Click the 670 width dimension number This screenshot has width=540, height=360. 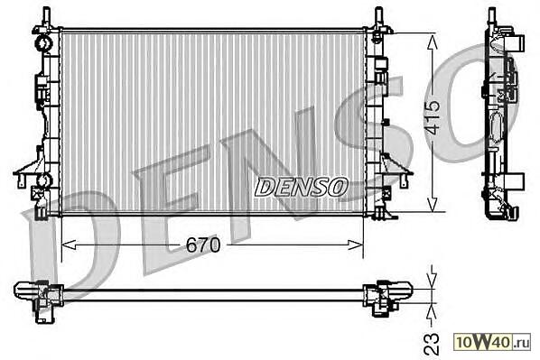point(203,245)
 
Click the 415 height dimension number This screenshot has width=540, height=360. point(432,117)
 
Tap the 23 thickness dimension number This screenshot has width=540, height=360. point(432,344)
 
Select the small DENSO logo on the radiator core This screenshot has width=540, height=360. point(301,188)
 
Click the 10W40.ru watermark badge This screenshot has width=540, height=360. point(492,342)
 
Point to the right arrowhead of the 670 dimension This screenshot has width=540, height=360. point(356,245)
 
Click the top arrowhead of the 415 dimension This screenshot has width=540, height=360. point(433,42)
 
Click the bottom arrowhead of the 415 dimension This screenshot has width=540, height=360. point(433,203)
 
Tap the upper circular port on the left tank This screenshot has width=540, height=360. point(43,43)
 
